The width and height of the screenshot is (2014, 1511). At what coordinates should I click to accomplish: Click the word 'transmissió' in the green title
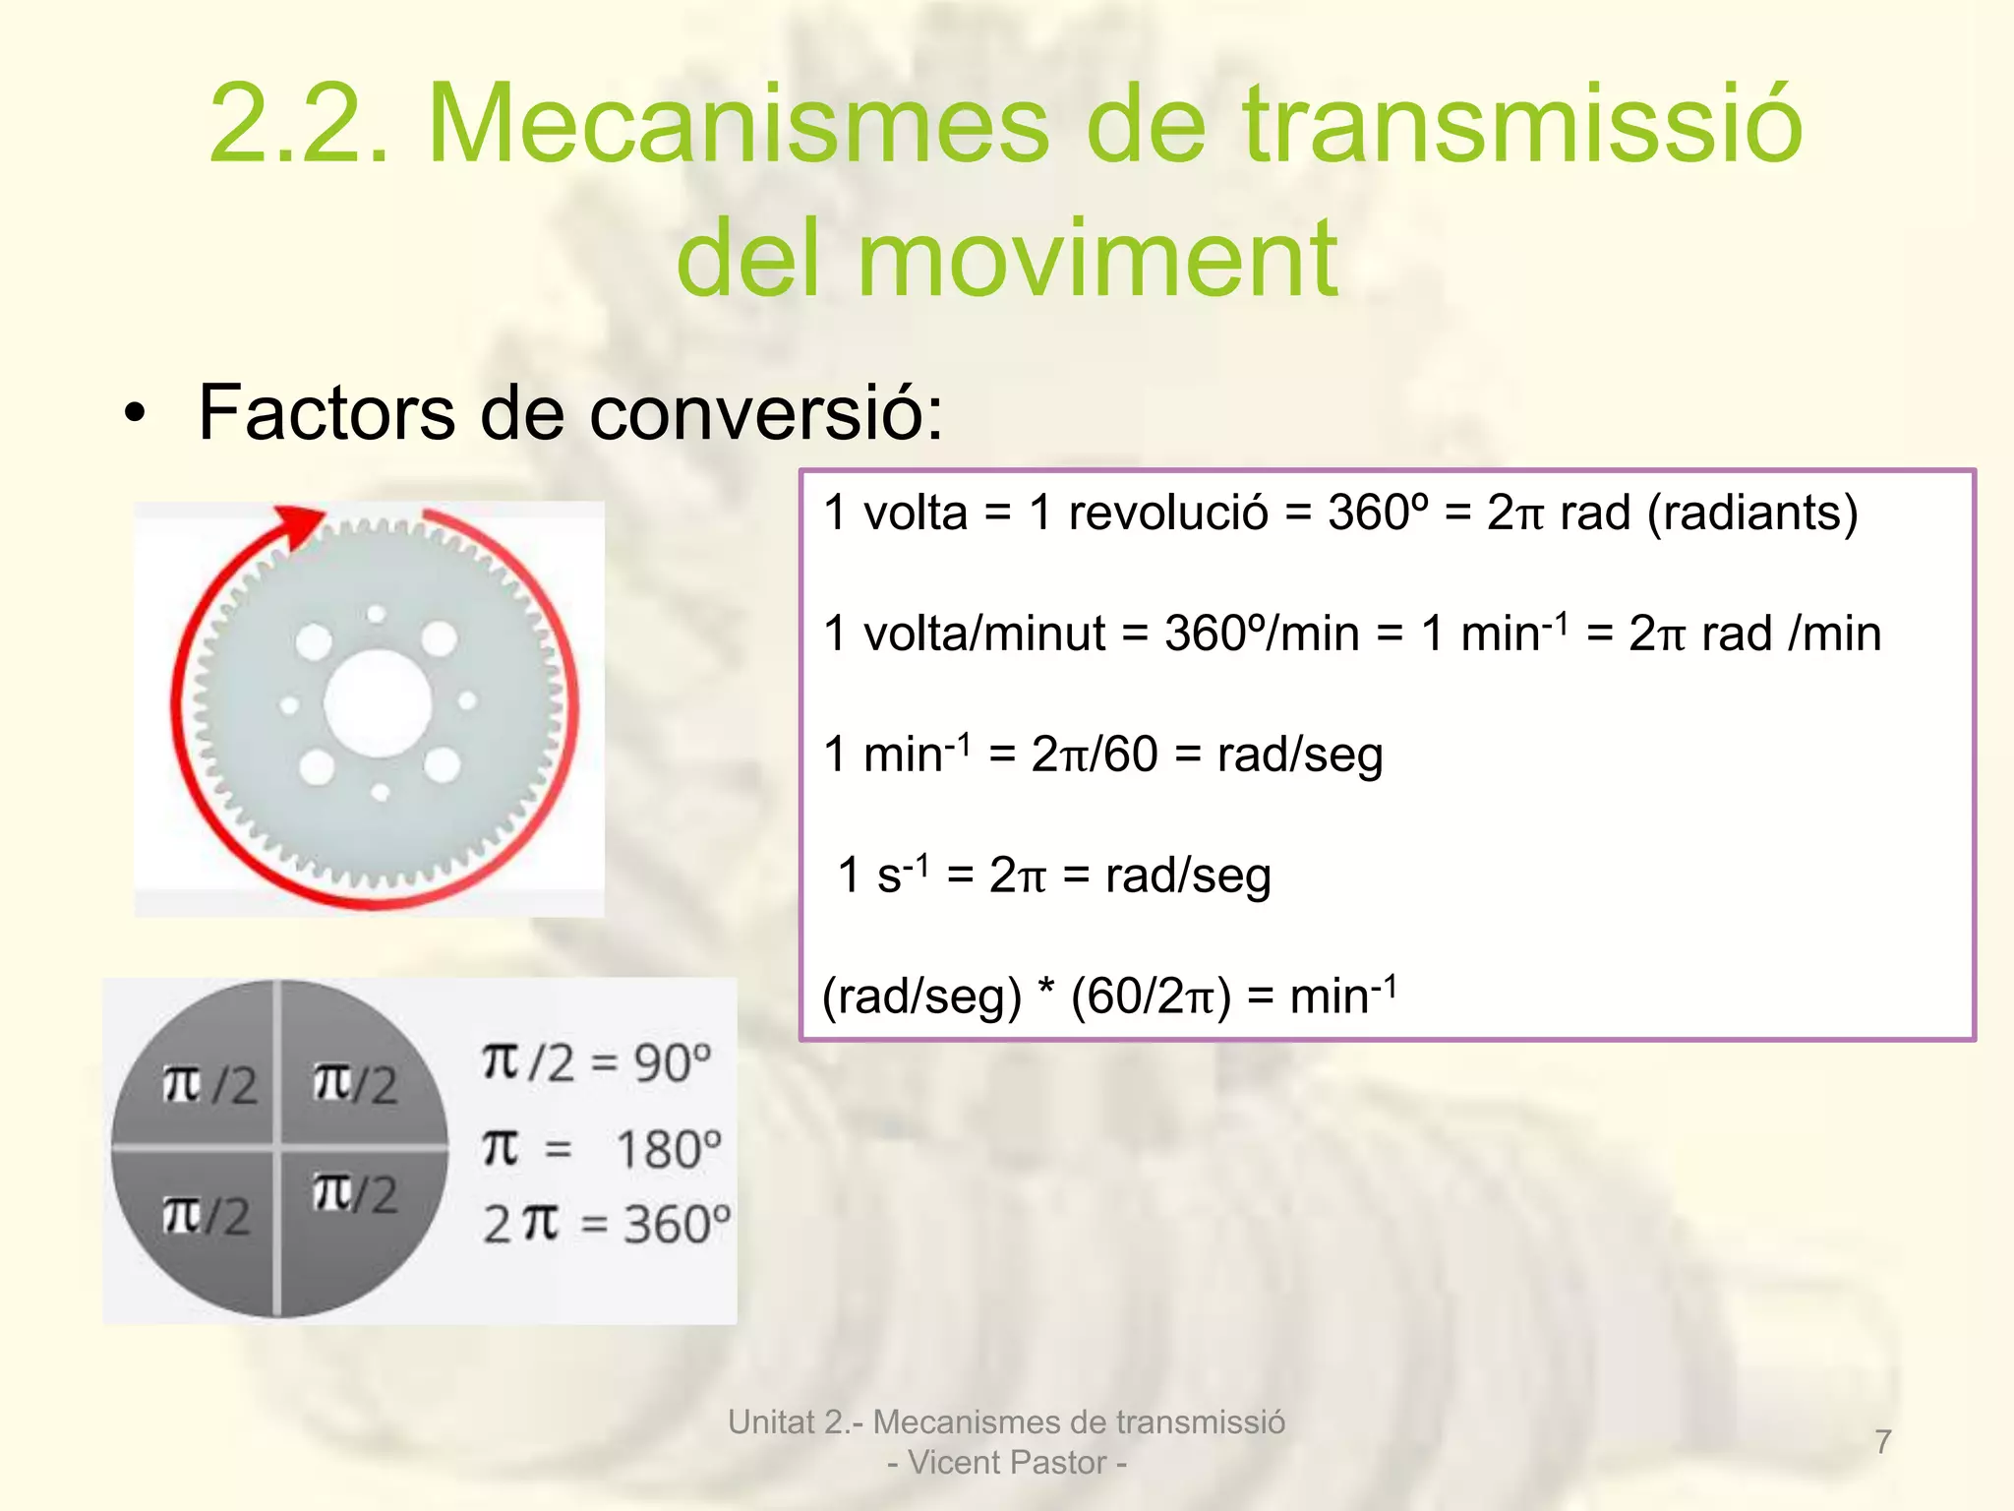pyautogui.click(x=1522, y=125)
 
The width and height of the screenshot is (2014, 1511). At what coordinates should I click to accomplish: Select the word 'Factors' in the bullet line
pyautogui.click(x=326, y=412)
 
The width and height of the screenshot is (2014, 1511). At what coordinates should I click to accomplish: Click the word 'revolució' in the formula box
pyautogui.click(x=1168, y=513)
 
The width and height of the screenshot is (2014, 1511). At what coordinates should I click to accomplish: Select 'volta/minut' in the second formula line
pyautogui.click(x=984, y=634)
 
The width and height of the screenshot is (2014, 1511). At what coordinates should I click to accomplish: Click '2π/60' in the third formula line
pyautogui.click(x=1095, y=755)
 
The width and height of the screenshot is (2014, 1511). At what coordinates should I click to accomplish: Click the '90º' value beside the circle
pyautogui.click(x=673, y=1063)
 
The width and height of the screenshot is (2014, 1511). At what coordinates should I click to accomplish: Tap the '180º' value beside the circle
pyautogui.click(x=669, y=1149)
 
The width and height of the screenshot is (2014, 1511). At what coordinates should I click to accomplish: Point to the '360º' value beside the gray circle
pyautogui.click(x=678, y=1225)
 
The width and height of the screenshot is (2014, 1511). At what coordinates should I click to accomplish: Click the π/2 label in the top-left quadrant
pyautogui.click(x=209, y=1085)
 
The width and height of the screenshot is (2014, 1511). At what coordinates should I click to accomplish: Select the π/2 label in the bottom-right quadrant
pyautogui.click(x=355, y=1193)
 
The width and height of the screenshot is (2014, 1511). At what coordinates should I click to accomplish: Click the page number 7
pyautogui.click(x=1882, y=1442)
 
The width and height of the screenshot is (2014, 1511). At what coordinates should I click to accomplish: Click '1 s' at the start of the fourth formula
pyautogui.click(x=870, y=876)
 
